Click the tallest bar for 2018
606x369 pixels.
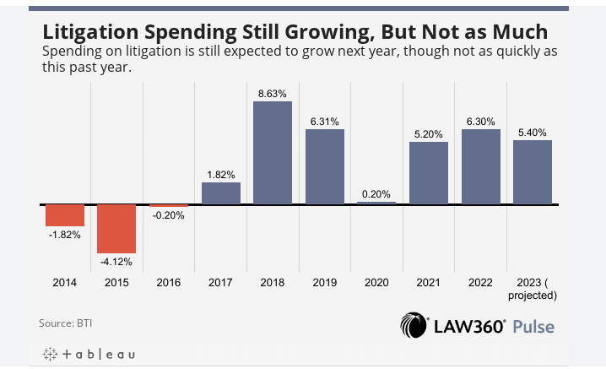tap(273, 153)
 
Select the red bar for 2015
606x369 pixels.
tap(116, 229)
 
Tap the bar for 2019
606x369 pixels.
tap(325, 166)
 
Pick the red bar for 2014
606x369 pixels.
tap(64, 215)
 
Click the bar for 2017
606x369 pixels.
tap(221, 193)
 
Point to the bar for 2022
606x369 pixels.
tap(480, 166)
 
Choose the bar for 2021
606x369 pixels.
tap(429, 173)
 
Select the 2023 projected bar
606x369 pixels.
tap(533, 172)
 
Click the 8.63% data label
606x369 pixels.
tap(273, 92)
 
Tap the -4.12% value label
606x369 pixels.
tap(116, 261)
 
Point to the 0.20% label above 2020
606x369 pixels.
tap(376, 193)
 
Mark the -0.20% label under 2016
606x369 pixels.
tap(169, 215)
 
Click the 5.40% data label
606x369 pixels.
tap(533, 132)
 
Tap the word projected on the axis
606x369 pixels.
tap(533, 296)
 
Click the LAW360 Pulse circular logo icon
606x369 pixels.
tap(414, 325)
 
